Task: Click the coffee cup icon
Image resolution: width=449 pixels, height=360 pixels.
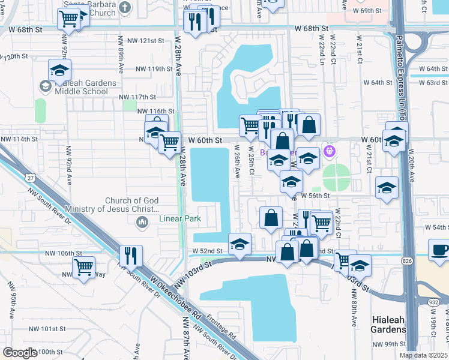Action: pyautogui.click(x=438, y=250)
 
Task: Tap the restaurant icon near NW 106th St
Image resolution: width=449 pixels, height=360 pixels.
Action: pyautogui.click(x=130, y=255)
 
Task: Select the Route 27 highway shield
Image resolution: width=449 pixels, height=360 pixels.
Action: pyautogui.click(x=29, y=178)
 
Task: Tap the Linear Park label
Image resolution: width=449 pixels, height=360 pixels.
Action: pyautogui.click(x=180, y=219)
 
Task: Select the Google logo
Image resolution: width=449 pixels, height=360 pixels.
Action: pyautogui.click(x=20, y=353)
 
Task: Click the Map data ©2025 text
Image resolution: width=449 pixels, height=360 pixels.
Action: pyautogui.click(x=423, y=355)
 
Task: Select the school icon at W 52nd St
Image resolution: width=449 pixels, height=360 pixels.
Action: pyautogui.click(x=240, y=244)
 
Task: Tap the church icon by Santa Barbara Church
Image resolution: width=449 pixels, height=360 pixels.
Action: pyautogui.click(x=124, y=7)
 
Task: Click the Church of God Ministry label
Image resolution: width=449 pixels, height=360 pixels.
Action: pyautogui.click(x=132, y=205)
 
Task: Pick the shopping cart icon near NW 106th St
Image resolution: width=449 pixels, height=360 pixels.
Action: pyautogui.click(x=83, y=266)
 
